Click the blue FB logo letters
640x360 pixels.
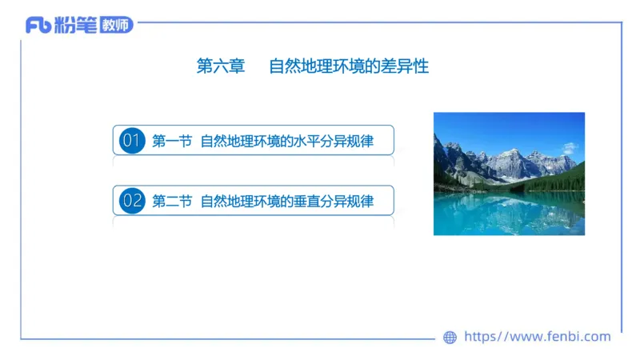click(x=38, y=26)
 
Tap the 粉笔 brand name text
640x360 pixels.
click(x=75, y=26)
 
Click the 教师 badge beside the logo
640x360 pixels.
click(x=116, y=26)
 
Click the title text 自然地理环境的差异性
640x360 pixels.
click(x=349, y=66)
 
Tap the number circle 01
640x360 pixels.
click(x=131, y=142)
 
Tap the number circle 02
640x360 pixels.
click(x=131, y=200)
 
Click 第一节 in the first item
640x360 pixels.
click(x=171, y=142)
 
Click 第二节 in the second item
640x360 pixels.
click(x=171, y=200)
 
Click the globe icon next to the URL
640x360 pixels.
click(x=450, y=338)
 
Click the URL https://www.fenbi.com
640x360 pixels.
click(x=538, y=337)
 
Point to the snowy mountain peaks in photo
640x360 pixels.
click(x=512, y=160)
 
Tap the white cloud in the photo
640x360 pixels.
click(x=570, y=148)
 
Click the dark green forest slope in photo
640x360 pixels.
click(x=564, y=180)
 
